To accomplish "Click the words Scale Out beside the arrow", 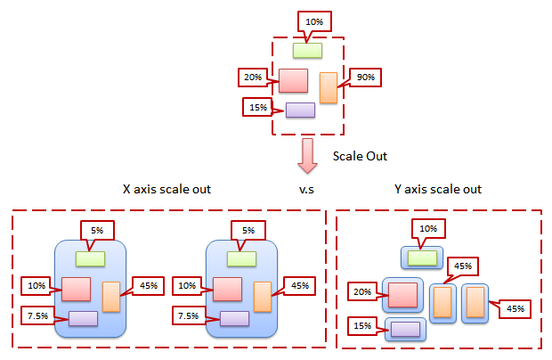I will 361,155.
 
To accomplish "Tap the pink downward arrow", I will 307,157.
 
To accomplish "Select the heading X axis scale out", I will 166,190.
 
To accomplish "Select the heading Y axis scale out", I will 438,190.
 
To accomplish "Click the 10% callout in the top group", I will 313,20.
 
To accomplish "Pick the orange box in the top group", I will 329,87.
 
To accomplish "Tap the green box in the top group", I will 308,50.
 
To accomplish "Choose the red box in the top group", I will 293,80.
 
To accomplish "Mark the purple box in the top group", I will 300,110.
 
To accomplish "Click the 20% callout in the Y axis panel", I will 361,292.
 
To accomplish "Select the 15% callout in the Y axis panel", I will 362,325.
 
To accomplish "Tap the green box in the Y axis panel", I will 422,258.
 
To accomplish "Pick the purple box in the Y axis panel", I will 405,329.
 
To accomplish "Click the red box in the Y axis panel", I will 403,294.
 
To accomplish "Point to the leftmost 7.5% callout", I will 37,315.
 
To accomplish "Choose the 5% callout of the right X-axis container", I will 248,230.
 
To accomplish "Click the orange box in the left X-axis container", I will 111,296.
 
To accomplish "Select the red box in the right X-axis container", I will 228,289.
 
